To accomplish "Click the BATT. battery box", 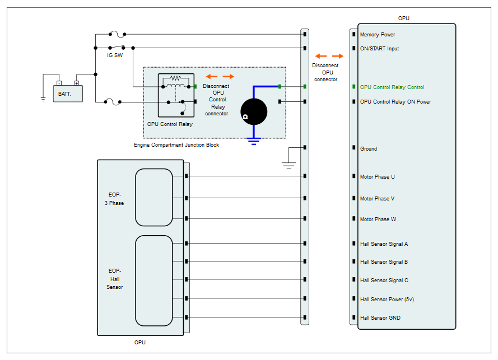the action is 68,93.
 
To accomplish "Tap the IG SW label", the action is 115,55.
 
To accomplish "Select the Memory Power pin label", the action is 378,35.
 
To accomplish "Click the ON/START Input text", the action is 379,49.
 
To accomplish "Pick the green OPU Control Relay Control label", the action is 392,87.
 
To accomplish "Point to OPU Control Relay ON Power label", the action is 395,102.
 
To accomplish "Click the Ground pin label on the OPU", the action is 369,148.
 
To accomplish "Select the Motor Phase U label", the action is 378,177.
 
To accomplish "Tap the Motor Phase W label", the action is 378,219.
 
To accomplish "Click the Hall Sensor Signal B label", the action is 384,262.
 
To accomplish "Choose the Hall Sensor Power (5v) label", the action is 387,300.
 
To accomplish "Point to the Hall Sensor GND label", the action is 380,318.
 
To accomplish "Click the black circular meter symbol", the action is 254,112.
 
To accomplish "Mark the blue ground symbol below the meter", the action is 254,141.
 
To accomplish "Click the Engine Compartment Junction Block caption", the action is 176,145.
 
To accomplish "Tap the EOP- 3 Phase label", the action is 114,199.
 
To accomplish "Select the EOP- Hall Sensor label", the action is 115,279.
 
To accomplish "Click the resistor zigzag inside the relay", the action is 175,78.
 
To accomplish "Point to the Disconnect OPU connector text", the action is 325,72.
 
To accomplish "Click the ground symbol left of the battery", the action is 43,99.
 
